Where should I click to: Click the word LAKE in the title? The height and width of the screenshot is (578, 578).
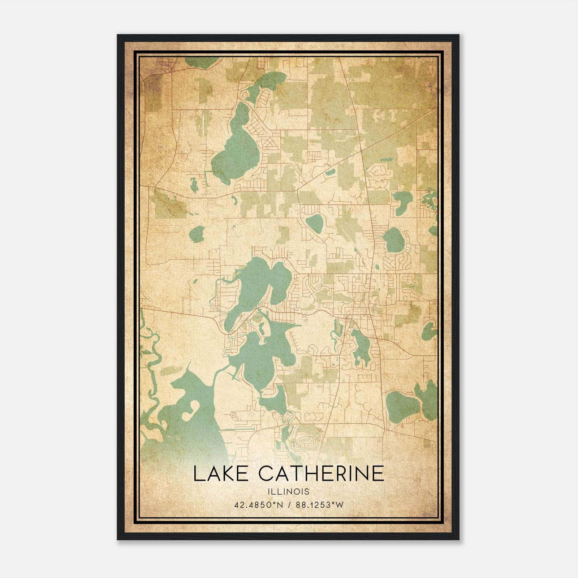[x=221, y=474]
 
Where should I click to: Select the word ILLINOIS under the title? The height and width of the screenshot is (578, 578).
[x=289, y=492]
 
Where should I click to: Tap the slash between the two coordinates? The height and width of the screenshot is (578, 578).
[x=290, y=505]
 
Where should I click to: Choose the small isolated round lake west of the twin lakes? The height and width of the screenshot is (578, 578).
[x=197, y=234]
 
